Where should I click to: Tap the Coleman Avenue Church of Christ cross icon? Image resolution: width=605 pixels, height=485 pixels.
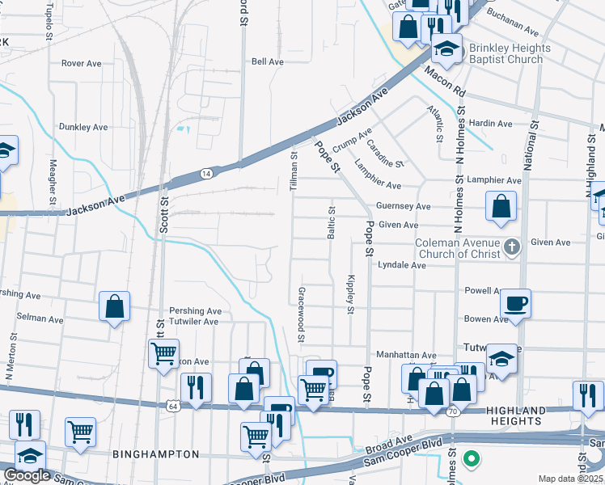point(511,247)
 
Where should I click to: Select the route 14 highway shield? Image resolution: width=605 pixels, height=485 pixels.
point(206,173)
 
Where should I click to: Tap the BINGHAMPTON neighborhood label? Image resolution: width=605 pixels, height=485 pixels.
point(155,454)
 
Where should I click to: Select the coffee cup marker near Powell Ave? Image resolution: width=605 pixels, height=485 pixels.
point(514,304)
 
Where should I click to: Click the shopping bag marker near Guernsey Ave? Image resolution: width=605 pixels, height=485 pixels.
point(501,205)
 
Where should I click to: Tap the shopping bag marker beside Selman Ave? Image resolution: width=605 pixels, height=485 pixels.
point(114,306)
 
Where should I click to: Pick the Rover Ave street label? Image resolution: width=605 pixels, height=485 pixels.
point(85,62)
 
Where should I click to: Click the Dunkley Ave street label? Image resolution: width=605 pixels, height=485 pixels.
point(83,127)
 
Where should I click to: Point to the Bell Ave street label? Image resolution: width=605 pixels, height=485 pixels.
point(268,61)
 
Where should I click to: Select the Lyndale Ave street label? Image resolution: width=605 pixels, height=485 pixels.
point(402,265)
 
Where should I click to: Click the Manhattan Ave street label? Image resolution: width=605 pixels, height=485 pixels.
point(406,355)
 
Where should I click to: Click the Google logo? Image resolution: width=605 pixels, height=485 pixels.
point(27,475)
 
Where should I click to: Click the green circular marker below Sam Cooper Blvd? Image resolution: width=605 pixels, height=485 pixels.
point(472,461)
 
